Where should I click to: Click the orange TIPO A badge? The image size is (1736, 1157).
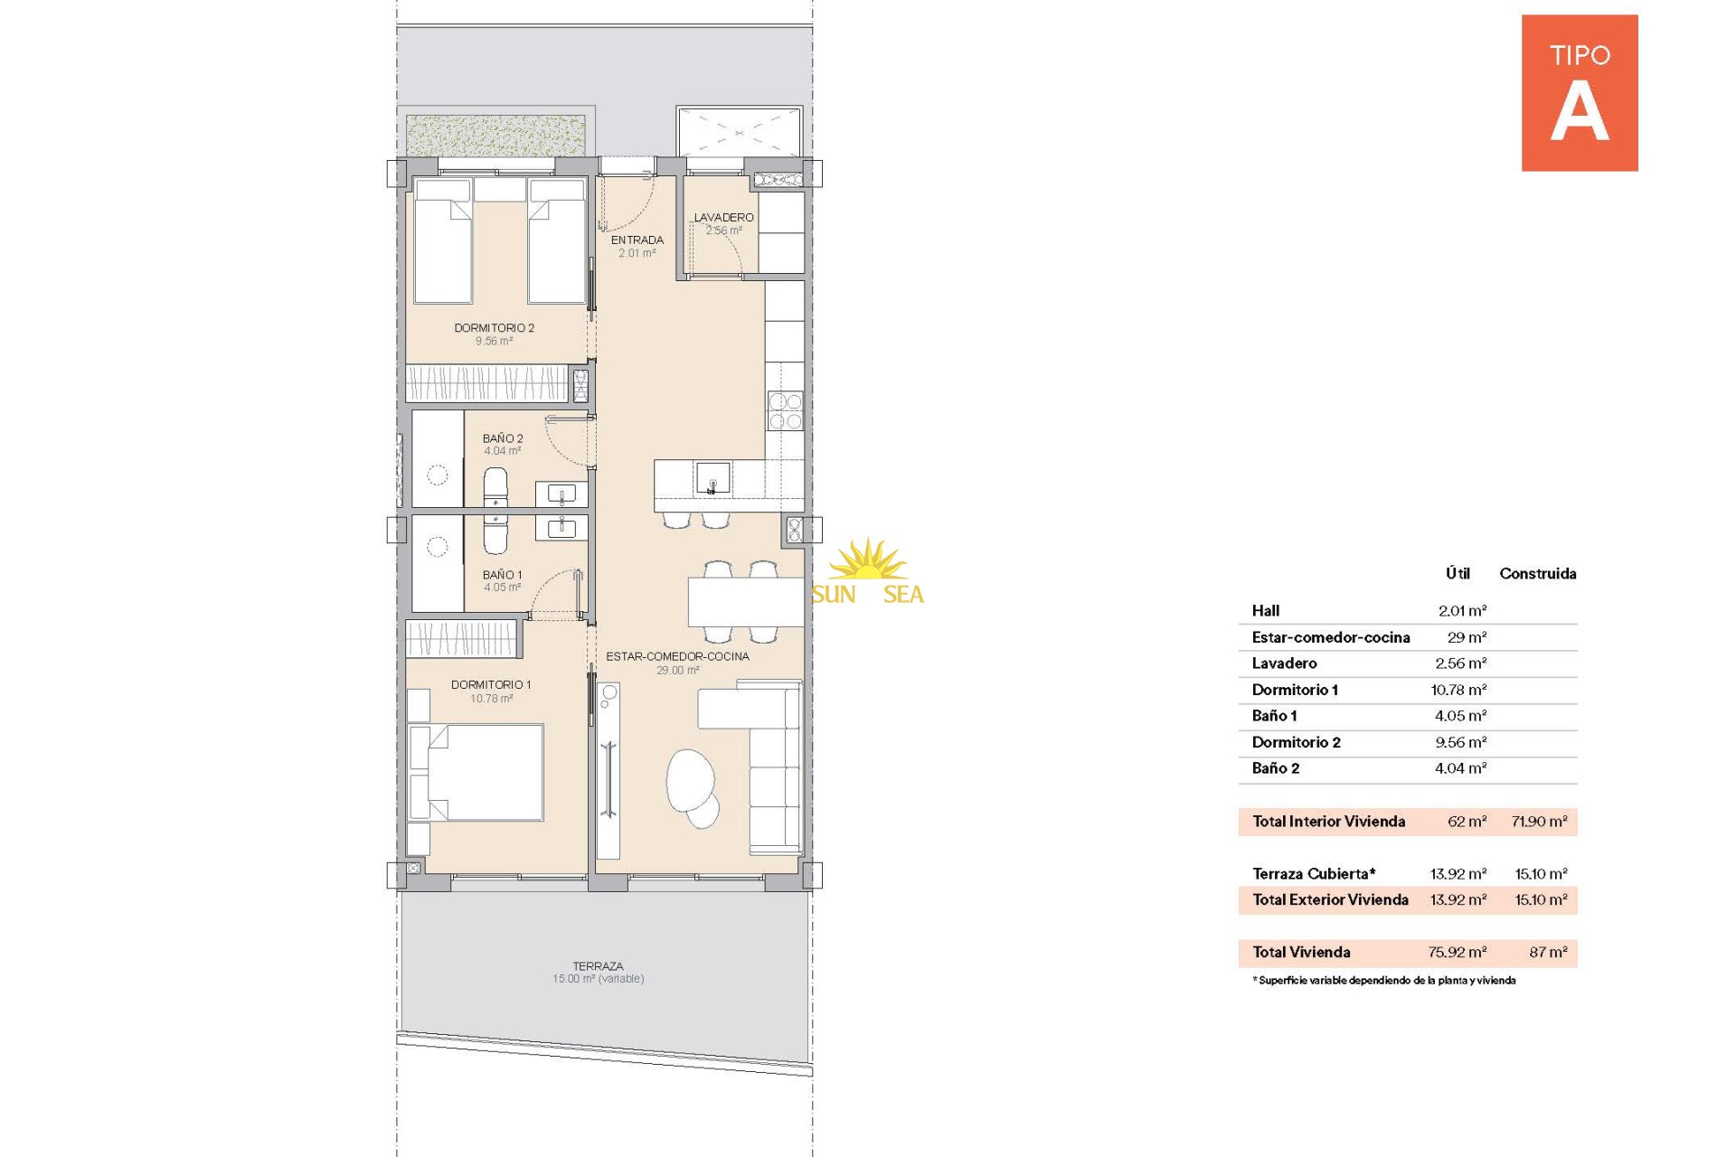pyautogui.click(x=1579, y=92)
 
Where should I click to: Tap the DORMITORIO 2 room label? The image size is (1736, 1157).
pyautogui.click(x=494, y=328)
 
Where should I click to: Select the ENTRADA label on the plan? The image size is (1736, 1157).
pyautogui.click(x=637, y=240)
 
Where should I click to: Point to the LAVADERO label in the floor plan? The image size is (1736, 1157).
pyautogui.click(x=723, y=218)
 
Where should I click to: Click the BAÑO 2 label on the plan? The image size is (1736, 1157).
pyautogui.click(x=503, y=438)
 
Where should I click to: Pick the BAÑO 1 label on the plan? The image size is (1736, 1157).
pyautogui.click(x=502, y=575)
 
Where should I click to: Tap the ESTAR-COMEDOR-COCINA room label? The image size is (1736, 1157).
pyautogui.click(x=677, y=656)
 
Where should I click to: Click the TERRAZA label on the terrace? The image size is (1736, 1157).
pyautogui.click(x=598, y=966)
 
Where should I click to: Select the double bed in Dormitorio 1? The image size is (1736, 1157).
pyautogui.click(x=476, y=772)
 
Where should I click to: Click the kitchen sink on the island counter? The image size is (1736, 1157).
pyautogui.click(x=712, y=477)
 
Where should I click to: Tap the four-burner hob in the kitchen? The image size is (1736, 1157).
pyautogui.click(x=785, y=410)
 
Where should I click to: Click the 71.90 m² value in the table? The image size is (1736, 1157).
pyautogui.click(x=1539, y=822)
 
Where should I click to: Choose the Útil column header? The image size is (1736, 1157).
pyautogui.click(x=1458, y=573)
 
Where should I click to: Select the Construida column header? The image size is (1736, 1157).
pyautogui.click(x=1538, y=574)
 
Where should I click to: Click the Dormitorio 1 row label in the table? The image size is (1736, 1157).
pyautogui.click(x=1295, y=690)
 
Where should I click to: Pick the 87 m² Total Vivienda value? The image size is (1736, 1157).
pyautogui.click(x=1548, y=952)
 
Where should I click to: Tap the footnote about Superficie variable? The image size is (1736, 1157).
pyautogui.click(x=1384, y=981)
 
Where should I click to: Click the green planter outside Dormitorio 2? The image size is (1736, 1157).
pyautogui.click(x=495, y=136)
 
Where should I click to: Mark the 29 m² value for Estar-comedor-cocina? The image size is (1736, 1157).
pyautogui.click(x=1467, y=637)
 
